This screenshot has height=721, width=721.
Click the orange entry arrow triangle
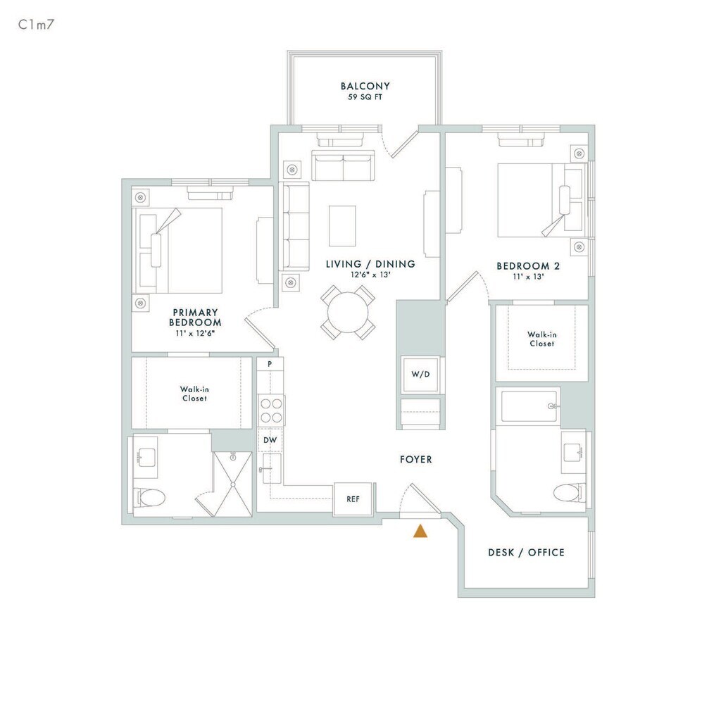(420, 531)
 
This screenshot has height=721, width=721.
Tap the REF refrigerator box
(353, 499)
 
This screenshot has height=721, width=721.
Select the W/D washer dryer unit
(420, 375)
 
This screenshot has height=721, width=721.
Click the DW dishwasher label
(270, 440)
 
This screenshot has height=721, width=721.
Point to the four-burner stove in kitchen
(272, 410)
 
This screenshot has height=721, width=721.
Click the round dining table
(348, 312)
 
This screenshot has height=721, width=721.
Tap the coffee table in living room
(342, 225)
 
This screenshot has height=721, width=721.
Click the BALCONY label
(365, 87)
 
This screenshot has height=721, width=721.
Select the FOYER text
(416, 460)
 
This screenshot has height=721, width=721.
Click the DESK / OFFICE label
(526, 553)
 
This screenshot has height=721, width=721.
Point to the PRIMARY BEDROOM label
(195, 318)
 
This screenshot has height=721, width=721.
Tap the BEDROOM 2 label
(523, 266)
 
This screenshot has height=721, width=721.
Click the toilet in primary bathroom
(151, 498)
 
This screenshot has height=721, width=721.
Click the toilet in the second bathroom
(569, 491)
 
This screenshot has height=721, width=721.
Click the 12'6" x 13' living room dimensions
(370, 275)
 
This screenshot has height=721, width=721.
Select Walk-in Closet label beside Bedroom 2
(541, 339)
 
